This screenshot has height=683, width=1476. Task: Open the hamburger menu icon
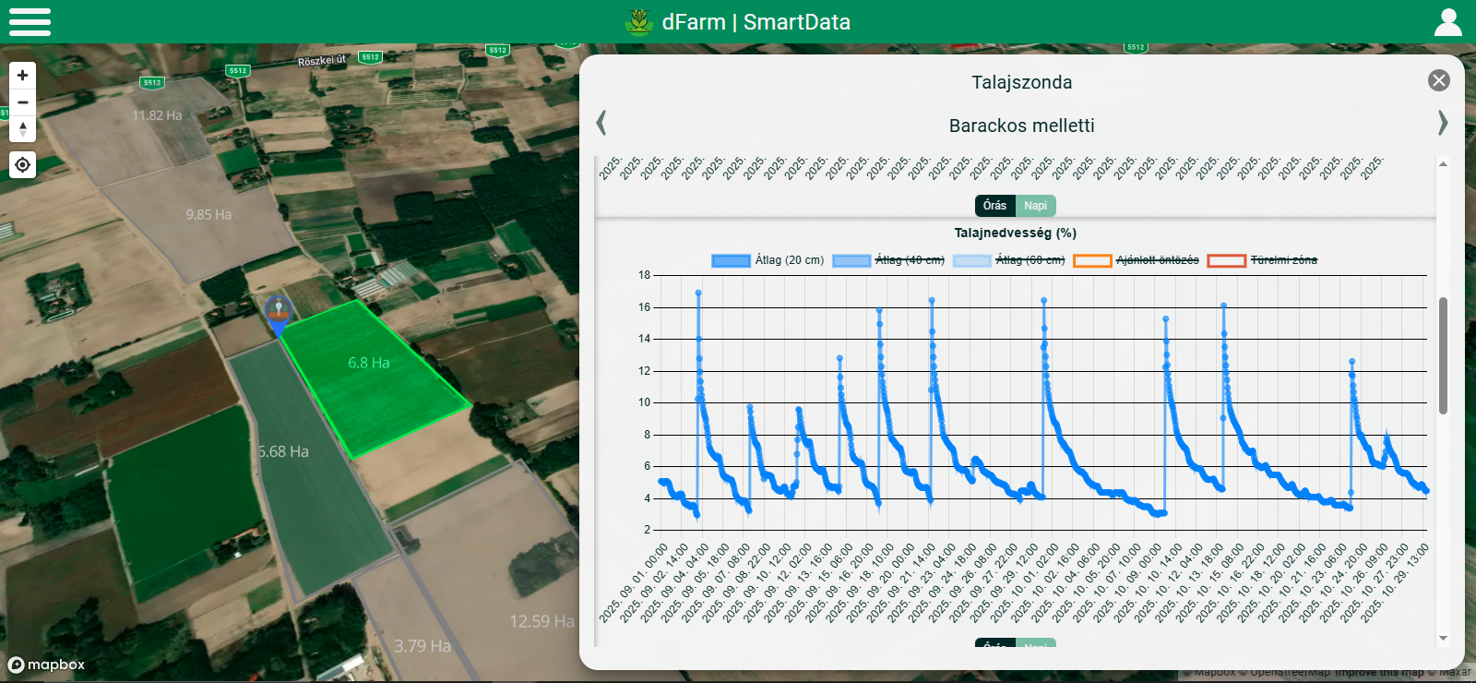[x=30, y=21]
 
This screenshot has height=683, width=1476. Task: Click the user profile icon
[x=1447, y=22]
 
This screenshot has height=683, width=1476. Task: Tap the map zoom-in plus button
[x=23, y=76]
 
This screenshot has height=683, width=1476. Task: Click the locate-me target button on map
[x=23, y=165]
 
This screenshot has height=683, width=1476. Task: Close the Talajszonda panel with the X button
[x=1438, y=80]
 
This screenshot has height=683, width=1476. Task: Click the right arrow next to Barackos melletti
[x=1443, y=123]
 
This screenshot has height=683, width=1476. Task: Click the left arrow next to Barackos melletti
[x=601, y=123]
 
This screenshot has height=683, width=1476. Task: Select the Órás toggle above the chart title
[x=994, y=206]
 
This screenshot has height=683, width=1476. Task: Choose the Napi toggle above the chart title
[x=1035, y=206]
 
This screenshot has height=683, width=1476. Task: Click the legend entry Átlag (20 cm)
[x=768, y=260]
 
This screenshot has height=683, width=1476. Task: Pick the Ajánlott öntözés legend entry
[x=1137, y=260]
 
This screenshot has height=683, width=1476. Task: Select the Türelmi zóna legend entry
[x=1263, y=260]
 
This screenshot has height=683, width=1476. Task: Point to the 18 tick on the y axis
[x=644, y=275]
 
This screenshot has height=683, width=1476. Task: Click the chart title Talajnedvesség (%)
[x=1015, y=233]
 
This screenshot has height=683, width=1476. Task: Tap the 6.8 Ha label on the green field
[x=368, y=363]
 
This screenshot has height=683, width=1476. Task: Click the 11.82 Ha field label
[x=157, y=115]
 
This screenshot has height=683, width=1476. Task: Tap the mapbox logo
[x=46, y=665]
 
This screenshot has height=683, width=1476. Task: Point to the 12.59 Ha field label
[x=542, y=621]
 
